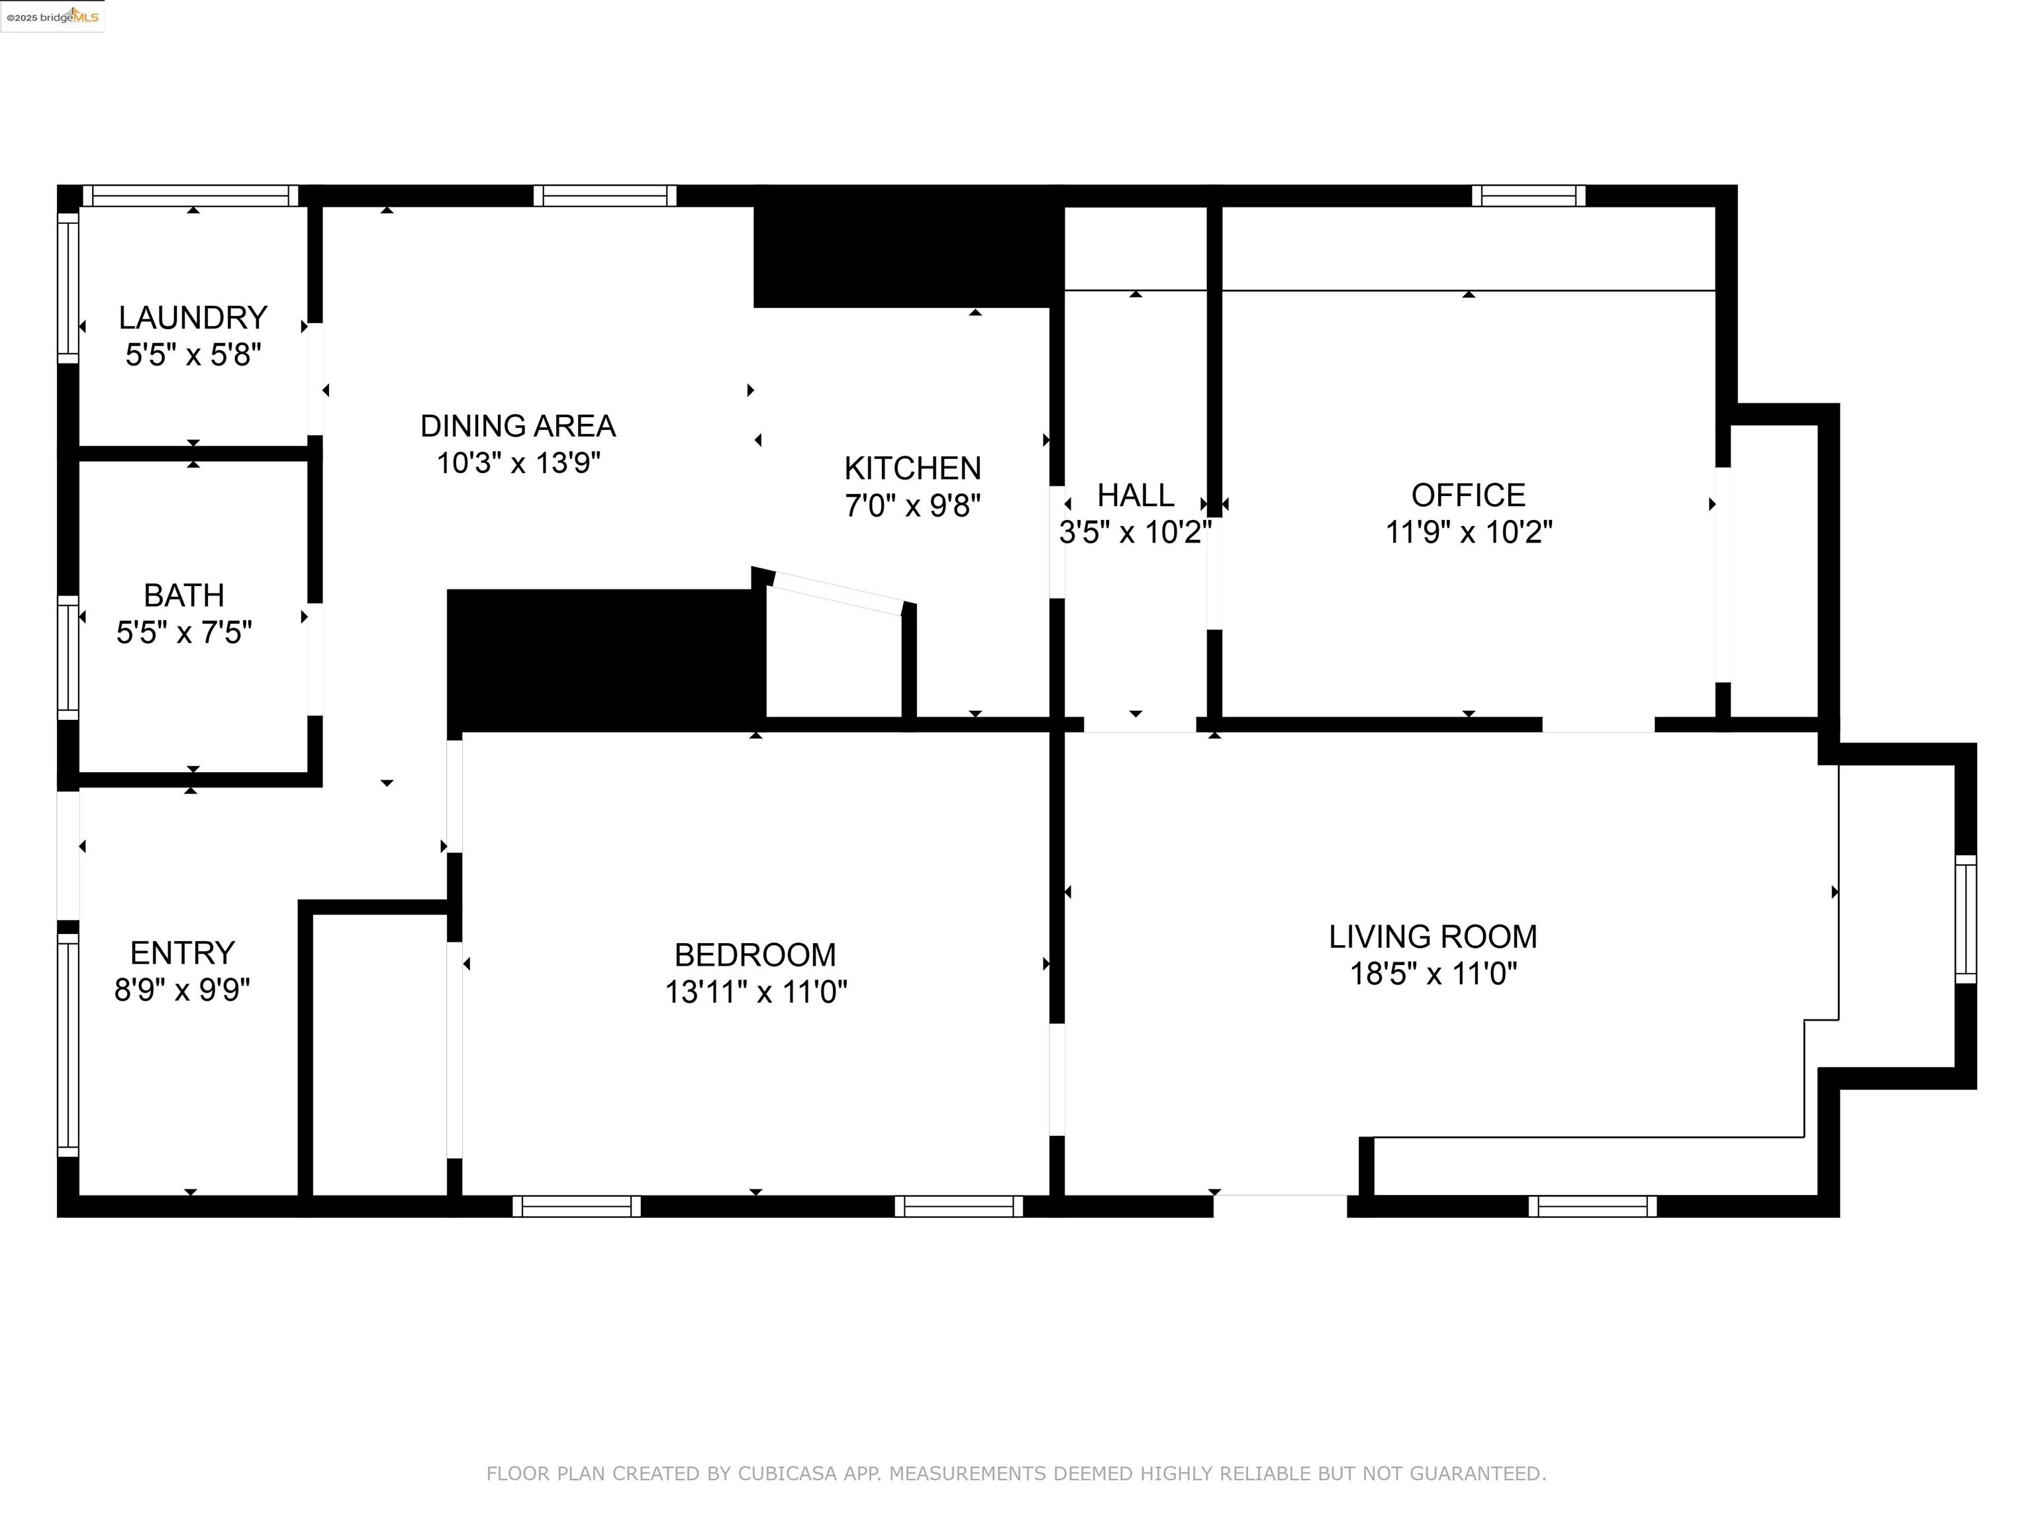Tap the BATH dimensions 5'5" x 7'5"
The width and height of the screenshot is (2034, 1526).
click(x=184, y=633)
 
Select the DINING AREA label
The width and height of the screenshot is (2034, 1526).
click(x=518, y=426)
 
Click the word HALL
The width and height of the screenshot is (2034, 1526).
click(x=1135, y=495)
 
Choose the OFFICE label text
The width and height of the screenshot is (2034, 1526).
click(x=1468, y=495)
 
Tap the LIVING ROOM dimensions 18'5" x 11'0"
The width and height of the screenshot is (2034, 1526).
click(x=1433, y=973)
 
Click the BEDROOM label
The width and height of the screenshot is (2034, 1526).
click(x=755, y=955)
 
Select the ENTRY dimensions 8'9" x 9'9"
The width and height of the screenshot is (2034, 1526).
click(x=182, y=990)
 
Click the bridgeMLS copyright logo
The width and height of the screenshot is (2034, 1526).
click(x=52, y=17)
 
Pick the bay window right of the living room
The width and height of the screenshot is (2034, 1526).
click(x=1965, y=919)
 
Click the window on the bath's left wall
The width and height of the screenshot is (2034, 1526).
click(x=68, y=657)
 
